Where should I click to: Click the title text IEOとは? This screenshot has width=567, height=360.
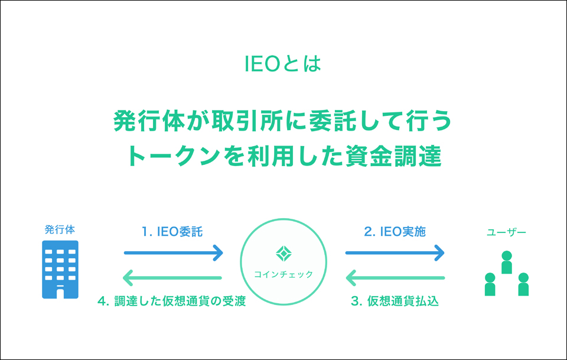tap(283, 64)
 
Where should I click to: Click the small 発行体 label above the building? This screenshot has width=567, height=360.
tap(60, 229)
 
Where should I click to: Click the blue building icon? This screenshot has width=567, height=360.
tap(60, 271)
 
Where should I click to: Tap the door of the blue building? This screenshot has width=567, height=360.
tap(60, 291)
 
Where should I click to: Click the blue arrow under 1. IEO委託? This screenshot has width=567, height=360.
tap(173, 253)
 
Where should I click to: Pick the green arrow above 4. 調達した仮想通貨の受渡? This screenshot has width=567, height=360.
tap(172, 277)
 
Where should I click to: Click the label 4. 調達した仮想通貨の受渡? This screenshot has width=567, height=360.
tap(171, 301)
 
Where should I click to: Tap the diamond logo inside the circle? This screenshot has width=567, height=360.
tap(283, 253)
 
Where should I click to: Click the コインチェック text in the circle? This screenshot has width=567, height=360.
tap(283, 274)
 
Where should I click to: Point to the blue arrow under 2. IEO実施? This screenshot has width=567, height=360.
tap(395, 253)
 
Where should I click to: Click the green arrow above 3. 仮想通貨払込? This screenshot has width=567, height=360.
tap(395, 277)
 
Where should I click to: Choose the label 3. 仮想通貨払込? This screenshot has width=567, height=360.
tap(395, 301)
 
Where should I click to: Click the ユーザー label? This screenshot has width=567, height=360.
tap(506, 232)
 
